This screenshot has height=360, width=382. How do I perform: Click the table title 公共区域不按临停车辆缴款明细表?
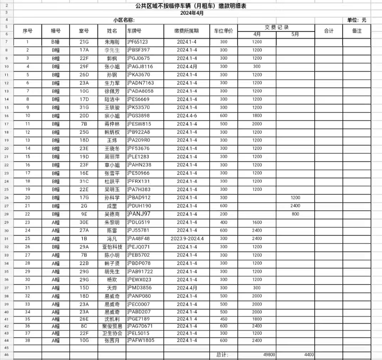[x=191, y=6]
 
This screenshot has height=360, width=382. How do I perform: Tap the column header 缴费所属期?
[x=187, y=31]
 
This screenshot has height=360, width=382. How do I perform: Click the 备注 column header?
[x=357, y=31]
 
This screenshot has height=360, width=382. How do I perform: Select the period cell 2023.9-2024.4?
[x=187, y=239]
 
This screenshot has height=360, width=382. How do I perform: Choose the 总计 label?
[x=222, y=355]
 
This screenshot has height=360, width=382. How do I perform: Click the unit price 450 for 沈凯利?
[x=223, y=319]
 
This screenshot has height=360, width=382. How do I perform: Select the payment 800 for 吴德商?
[x=295, y=214]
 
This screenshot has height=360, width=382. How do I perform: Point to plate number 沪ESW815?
[x=139, y=124]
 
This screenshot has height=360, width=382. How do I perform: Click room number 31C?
[x=84, y=181]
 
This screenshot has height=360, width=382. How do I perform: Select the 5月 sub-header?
[x=295, y=35]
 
